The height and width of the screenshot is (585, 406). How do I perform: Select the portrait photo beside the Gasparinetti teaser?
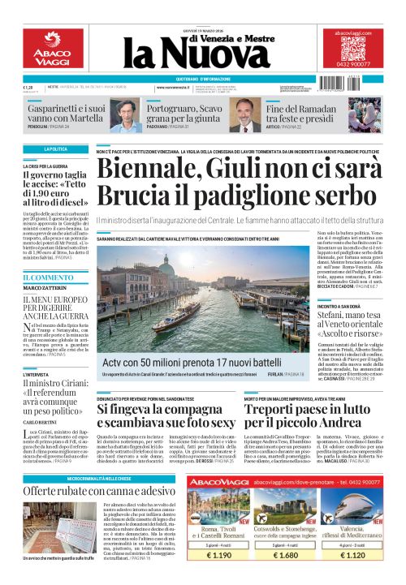(126, 114)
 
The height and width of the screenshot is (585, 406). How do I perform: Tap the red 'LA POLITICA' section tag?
(56, 149)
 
